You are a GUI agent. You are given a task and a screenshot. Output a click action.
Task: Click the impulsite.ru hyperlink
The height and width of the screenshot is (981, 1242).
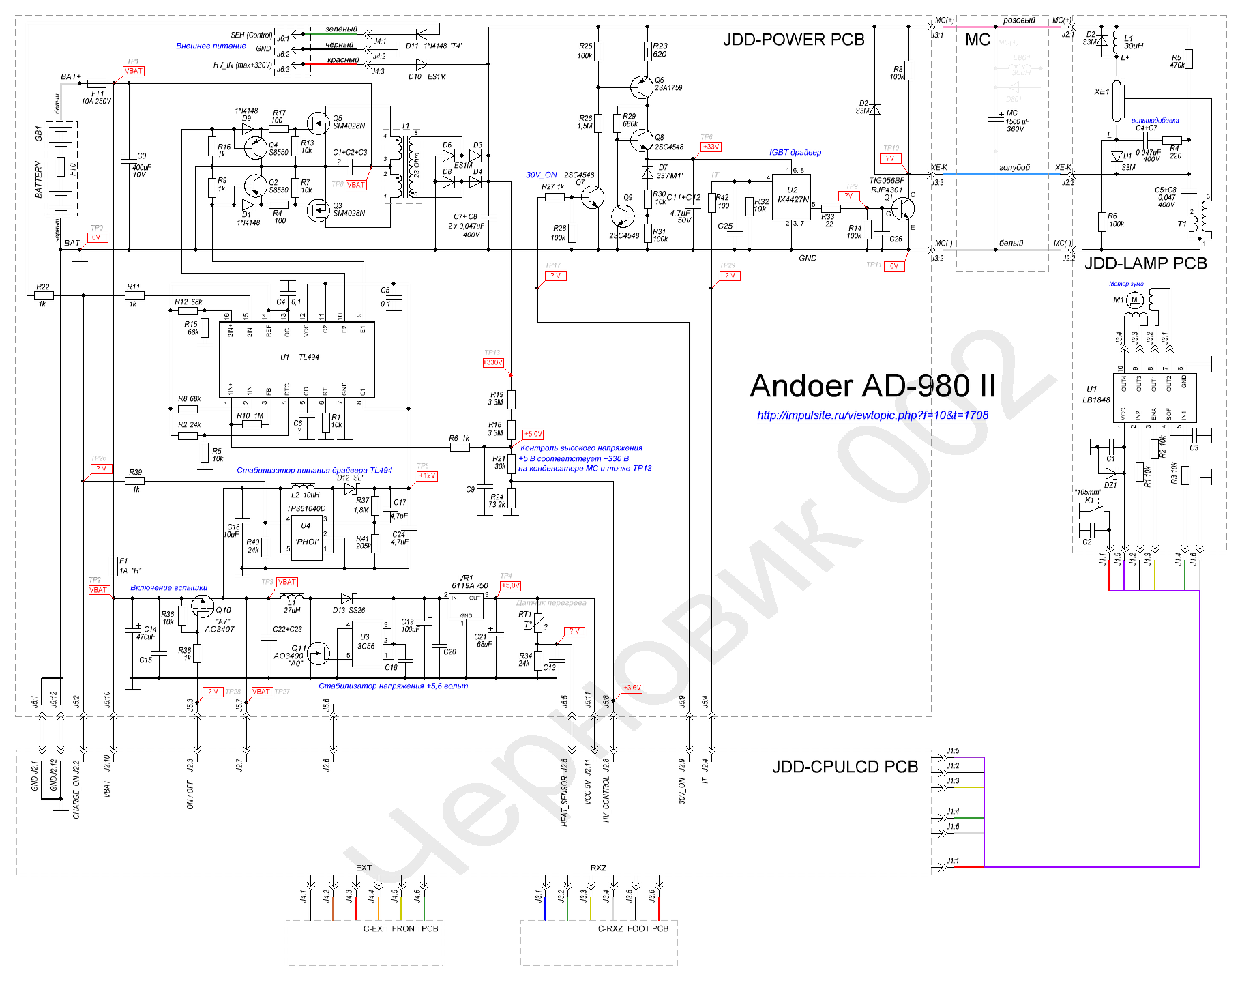pos(872,415)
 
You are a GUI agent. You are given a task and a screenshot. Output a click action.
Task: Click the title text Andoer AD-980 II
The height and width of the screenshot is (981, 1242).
pos(872,386)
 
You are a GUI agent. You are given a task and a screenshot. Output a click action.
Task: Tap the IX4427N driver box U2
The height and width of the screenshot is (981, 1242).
pos(791,197)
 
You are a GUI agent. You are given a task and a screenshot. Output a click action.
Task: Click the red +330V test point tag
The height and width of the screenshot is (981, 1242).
pos(492,362)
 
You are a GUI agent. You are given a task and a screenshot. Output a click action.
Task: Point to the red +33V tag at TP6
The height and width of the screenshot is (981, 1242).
pos(711,147)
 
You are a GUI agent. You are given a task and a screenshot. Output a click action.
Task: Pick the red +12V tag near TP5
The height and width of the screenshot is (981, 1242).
pos(427,475)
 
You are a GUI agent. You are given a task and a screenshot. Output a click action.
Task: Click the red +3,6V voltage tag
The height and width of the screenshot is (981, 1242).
pos(632,688)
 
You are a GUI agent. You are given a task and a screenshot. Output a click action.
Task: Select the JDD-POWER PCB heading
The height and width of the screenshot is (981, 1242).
pos(793,40)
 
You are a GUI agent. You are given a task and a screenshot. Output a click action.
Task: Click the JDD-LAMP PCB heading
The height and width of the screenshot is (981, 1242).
pos(1145,263)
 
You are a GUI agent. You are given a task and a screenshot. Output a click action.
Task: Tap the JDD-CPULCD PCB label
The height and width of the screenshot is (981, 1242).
pos(844,767)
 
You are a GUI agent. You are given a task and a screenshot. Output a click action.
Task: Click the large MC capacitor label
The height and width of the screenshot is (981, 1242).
pos(977,40)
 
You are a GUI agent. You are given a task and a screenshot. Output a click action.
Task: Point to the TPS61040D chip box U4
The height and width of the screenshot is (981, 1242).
pos(306,537)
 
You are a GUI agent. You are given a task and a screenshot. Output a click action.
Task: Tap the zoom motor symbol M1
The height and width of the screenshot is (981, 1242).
pos(1134,299)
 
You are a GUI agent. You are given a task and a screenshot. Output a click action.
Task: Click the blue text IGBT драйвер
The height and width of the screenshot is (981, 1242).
pos(795,152)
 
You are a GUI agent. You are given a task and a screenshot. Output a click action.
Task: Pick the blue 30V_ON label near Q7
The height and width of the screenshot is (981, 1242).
pos(541,175)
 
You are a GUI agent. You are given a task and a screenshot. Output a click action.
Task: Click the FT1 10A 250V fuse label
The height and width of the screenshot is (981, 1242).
pos(97,98)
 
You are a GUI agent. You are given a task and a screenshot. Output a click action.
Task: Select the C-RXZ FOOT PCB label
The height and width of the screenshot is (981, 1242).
pos(632,928)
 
